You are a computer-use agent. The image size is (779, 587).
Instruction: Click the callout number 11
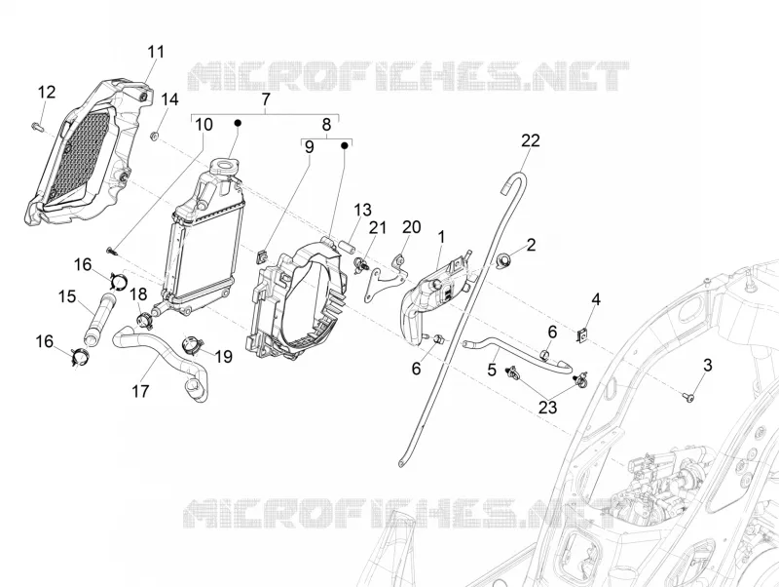(156, 53)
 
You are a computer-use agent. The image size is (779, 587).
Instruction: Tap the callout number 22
(531, 140)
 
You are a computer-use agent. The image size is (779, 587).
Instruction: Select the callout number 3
(708, 365)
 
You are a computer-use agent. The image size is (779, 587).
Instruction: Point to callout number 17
(140, 391)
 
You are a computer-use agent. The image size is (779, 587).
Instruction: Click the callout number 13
(362, 210)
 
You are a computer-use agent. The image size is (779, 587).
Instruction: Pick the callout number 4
(596, 299)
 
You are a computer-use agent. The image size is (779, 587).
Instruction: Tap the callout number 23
(547, 408)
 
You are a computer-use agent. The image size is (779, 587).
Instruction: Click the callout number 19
(224, 356)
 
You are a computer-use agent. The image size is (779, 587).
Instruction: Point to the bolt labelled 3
(688, 397)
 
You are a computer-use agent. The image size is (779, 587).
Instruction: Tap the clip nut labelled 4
(581, 336)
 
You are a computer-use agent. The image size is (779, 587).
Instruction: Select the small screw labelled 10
(111, 252)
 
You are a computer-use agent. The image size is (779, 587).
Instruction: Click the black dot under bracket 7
(238, 123)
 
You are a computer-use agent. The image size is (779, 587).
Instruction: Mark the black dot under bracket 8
(344, 145)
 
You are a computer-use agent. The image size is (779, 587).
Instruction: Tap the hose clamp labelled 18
(143, 322)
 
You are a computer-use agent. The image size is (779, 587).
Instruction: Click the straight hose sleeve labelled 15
(101, 320)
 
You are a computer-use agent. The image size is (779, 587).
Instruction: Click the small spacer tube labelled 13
(346, 247)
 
